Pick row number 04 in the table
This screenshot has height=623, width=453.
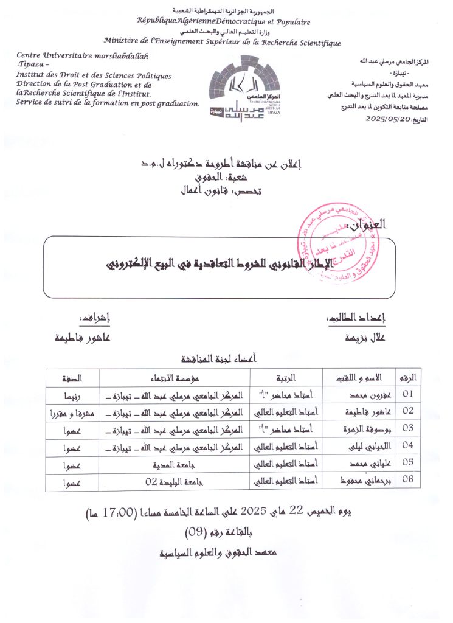click(407, 445)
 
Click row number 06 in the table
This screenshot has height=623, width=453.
click(407, 480)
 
